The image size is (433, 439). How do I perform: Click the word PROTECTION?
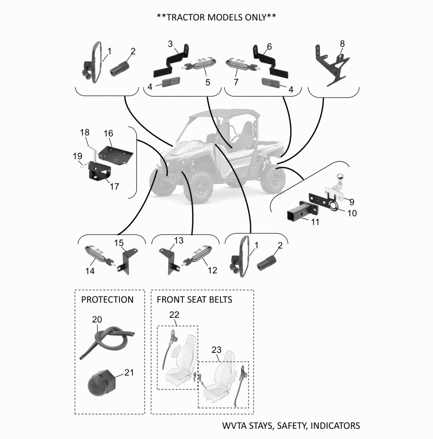[107, 300]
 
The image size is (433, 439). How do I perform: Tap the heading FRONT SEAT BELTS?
[194, 300]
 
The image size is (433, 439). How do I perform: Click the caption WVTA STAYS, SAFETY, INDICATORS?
[291, 425]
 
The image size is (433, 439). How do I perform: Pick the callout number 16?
[108, 133]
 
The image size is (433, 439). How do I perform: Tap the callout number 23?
[216, 350]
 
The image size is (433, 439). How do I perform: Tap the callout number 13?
[179, 241]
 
